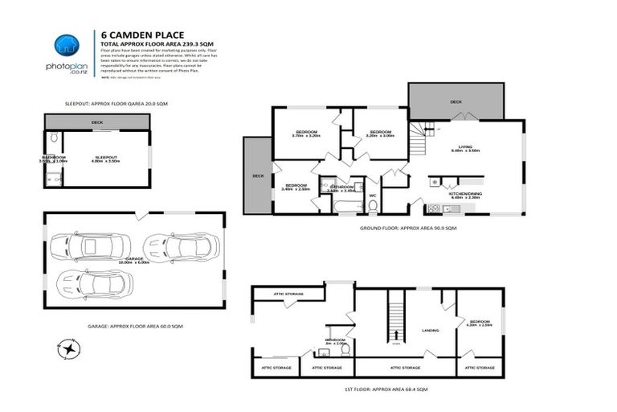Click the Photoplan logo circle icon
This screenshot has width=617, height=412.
67,46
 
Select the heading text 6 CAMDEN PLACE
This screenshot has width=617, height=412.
143,34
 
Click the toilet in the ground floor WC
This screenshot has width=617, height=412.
373,205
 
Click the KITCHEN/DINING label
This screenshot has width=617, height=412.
465,194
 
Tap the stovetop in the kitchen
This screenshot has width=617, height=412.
434,209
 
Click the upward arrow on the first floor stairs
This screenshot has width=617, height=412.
394,334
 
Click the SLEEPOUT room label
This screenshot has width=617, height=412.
107,158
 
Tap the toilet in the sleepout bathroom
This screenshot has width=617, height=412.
52,138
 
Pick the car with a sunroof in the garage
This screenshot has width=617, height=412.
181,245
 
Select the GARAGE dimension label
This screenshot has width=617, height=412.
134,260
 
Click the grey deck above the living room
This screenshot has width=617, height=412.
456,101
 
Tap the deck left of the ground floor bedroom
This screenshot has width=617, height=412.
258,175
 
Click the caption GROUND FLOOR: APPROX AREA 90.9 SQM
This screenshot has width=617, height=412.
408,229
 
